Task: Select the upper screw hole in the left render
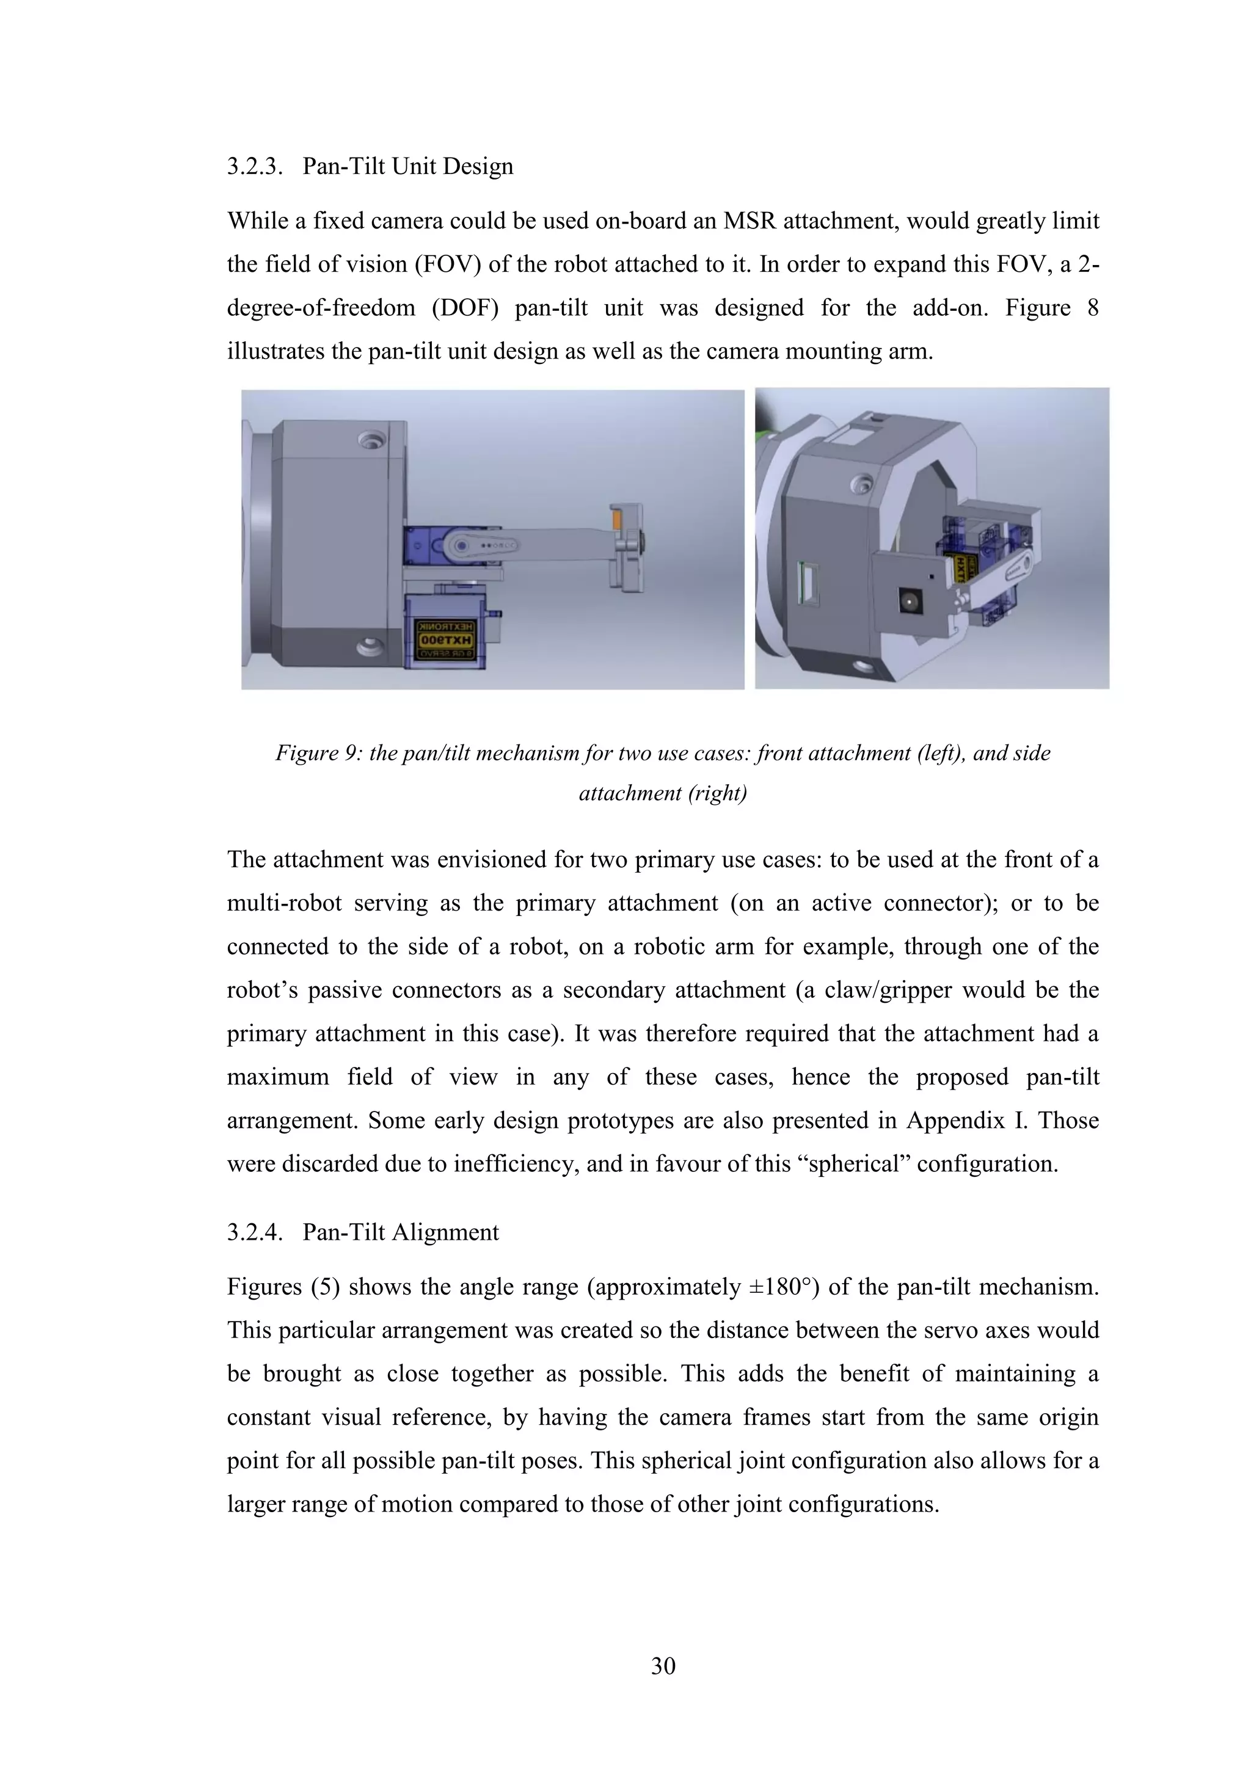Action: tap(372, 440)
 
